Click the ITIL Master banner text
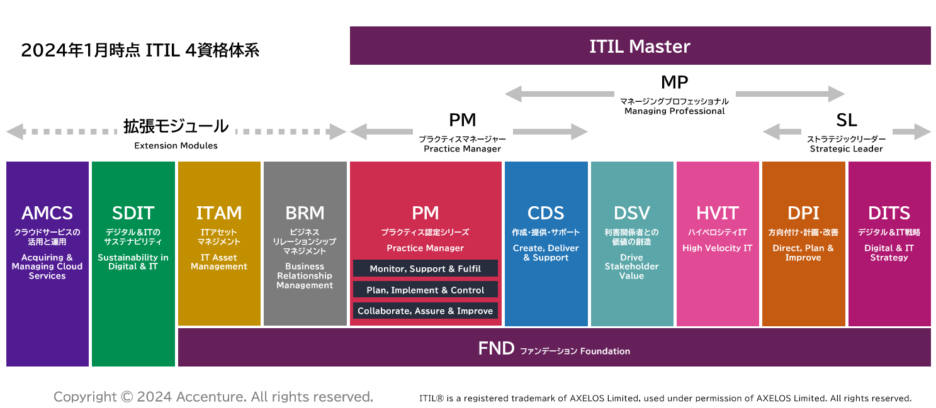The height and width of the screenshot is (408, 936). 640,47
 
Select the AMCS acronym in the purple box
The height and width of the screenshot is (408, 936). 47,213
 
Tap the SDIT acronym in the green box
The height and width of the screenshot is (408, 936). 133,213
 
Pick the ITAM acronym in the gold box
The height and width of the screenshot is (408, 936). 218,213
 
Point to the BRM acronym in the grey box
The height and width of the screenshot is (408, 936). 305,213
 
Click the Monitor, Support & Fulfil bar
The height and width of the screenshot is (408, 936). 426,268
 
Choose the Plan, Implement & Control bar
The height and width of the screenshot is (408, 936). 426,290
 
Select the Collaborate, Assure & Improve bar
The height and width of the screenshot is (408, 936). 426,311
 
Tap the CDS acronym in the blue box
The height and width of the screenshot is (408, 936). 546,213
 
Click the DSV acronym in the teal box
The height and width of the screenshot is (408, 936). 631,213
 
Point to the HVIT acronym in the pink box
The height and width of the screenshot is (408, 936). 718,213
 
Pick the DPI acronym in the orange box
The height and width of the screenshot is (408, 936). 803,213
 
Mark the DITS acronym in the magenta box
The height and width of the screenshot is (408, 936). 889,213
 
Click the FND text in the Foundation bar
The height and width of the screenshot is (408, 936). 496,348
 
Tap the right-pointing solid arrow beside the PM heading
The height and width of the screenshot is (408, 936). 551,132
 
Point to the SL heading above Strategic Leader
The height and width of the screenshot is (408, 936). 847,121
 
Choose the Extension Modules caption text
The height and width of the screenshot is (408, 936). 176,146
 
